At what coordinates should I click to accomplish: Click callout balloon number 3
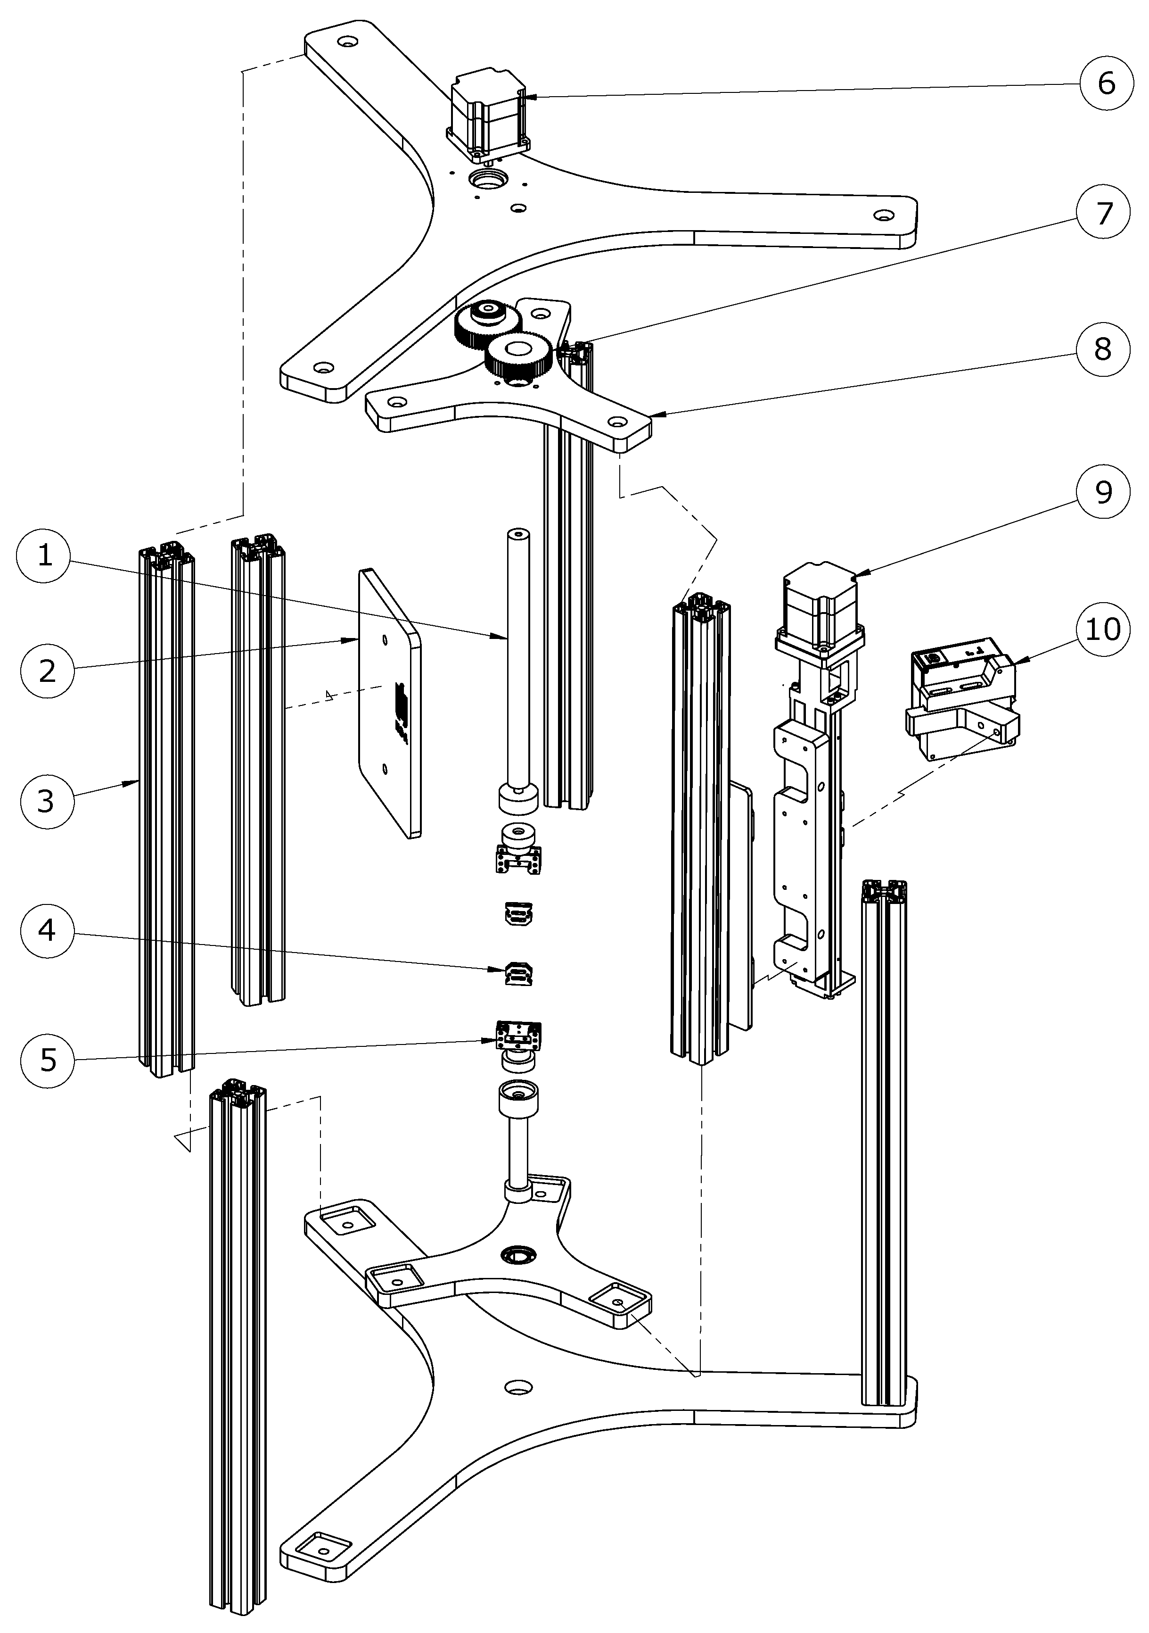(46, 801)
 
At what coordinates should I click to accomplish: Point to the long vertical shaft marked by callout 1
(517, 655)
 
